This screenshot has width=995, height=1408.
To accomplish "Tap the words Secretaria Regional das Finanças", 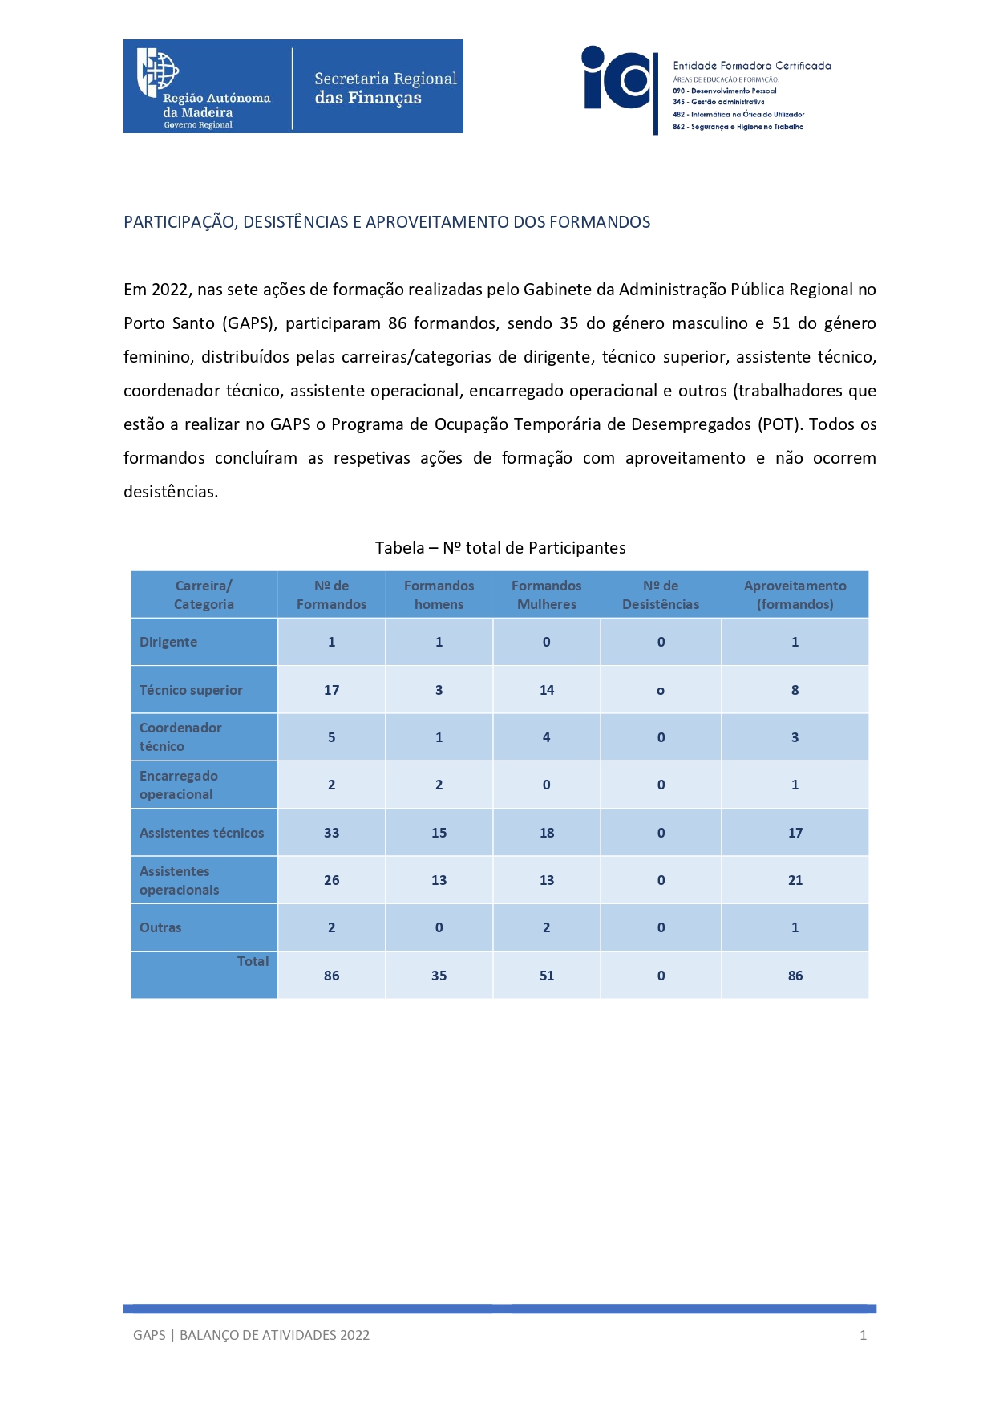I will coord(385,88).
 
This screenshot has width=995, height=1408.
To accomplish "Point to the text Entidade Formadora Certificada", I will coord(751,66).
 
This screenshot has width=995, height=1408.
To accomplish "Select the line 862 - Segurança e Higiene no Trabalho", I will coord(738,127).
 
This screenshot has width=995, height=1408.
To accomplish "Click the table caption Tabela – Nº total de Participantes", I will coord(500,548).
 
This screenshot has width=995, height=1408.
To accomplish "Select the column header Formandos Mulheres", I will coord(546,594).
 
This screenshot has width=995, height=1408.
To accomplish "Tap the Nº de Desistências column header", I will coord(660,594).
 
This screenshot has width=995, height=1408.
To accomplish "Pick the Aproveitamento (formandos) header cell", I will coord(795,594).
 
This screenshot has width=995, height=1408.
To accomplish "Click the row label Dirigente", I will coord(168,642).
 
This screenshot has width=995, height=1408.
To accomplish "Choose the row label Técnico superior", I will coord(191,690).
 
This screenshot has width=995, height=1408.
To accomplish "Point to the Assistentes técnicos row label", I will coord(201,833).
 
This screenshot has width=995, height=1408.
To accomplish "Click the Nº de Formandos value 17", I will coord(331,690).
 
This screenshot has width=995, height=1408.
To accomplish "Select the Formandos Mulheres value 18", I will coord(546,833).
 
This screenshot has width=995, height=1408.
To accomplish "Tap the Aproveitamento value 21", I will coord(795,880).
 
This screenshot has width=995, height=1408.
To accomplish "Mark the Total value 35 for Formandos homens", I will coord(439,976).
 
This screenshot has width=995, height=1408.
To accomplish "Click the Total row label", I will coord(253,961).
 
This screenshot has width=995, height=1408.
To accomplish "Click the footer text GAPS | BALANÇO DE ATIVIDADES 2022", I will coord(251,1335).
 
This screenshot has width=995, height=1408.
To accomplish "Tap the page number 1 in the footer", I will coord(863,1335).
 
